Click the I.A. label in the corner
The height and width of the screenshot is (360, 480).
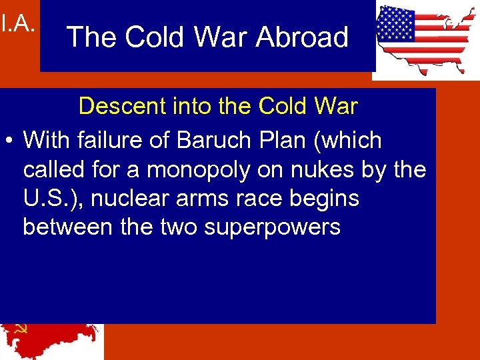click(17, 25)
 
